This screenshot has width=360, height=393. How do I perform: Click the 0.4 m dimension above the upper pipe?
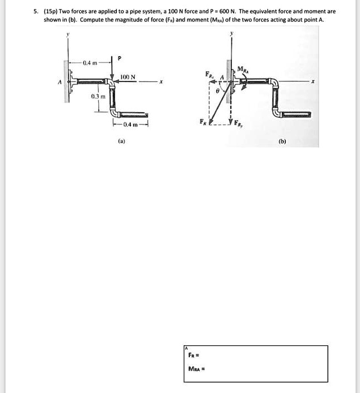point(90,62)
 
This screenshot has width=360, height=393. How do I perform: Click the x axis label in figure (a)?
point(161,81)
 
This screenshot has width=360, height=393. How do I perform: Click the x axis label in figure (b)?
point(313,81)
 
